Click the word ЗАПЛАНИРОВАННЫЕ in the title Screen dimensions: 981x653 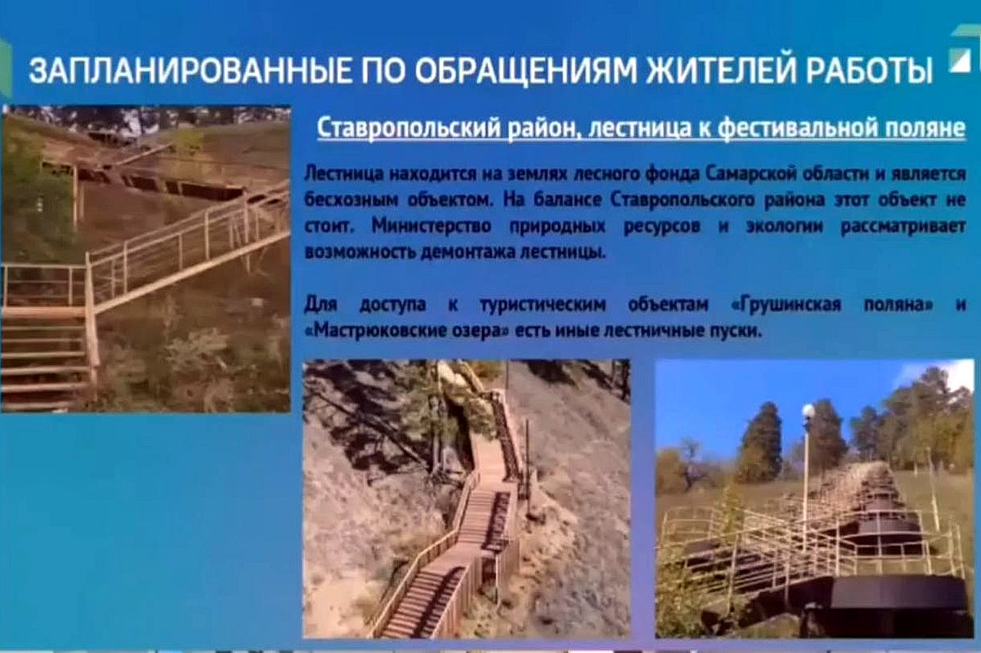pyautogui.click(x=189, y=70)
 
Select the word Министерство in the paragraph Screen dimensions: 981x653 pyautogui.click(x=431, y=227)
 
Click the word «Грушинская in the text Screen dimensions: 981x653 pyautogui.click(x=786, y=305)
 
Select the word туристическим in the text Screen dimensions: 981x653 pyautogui.click(x=543, y=305)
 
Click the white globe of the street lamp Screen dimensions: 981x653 pyautogui.click(x=807, y=412)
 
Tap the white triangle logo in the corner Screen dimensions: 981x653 pyautogui.click(x=959, y=60)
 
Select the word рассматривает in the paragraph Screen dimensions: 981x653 pyautogui.click(x=903, y=227)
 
